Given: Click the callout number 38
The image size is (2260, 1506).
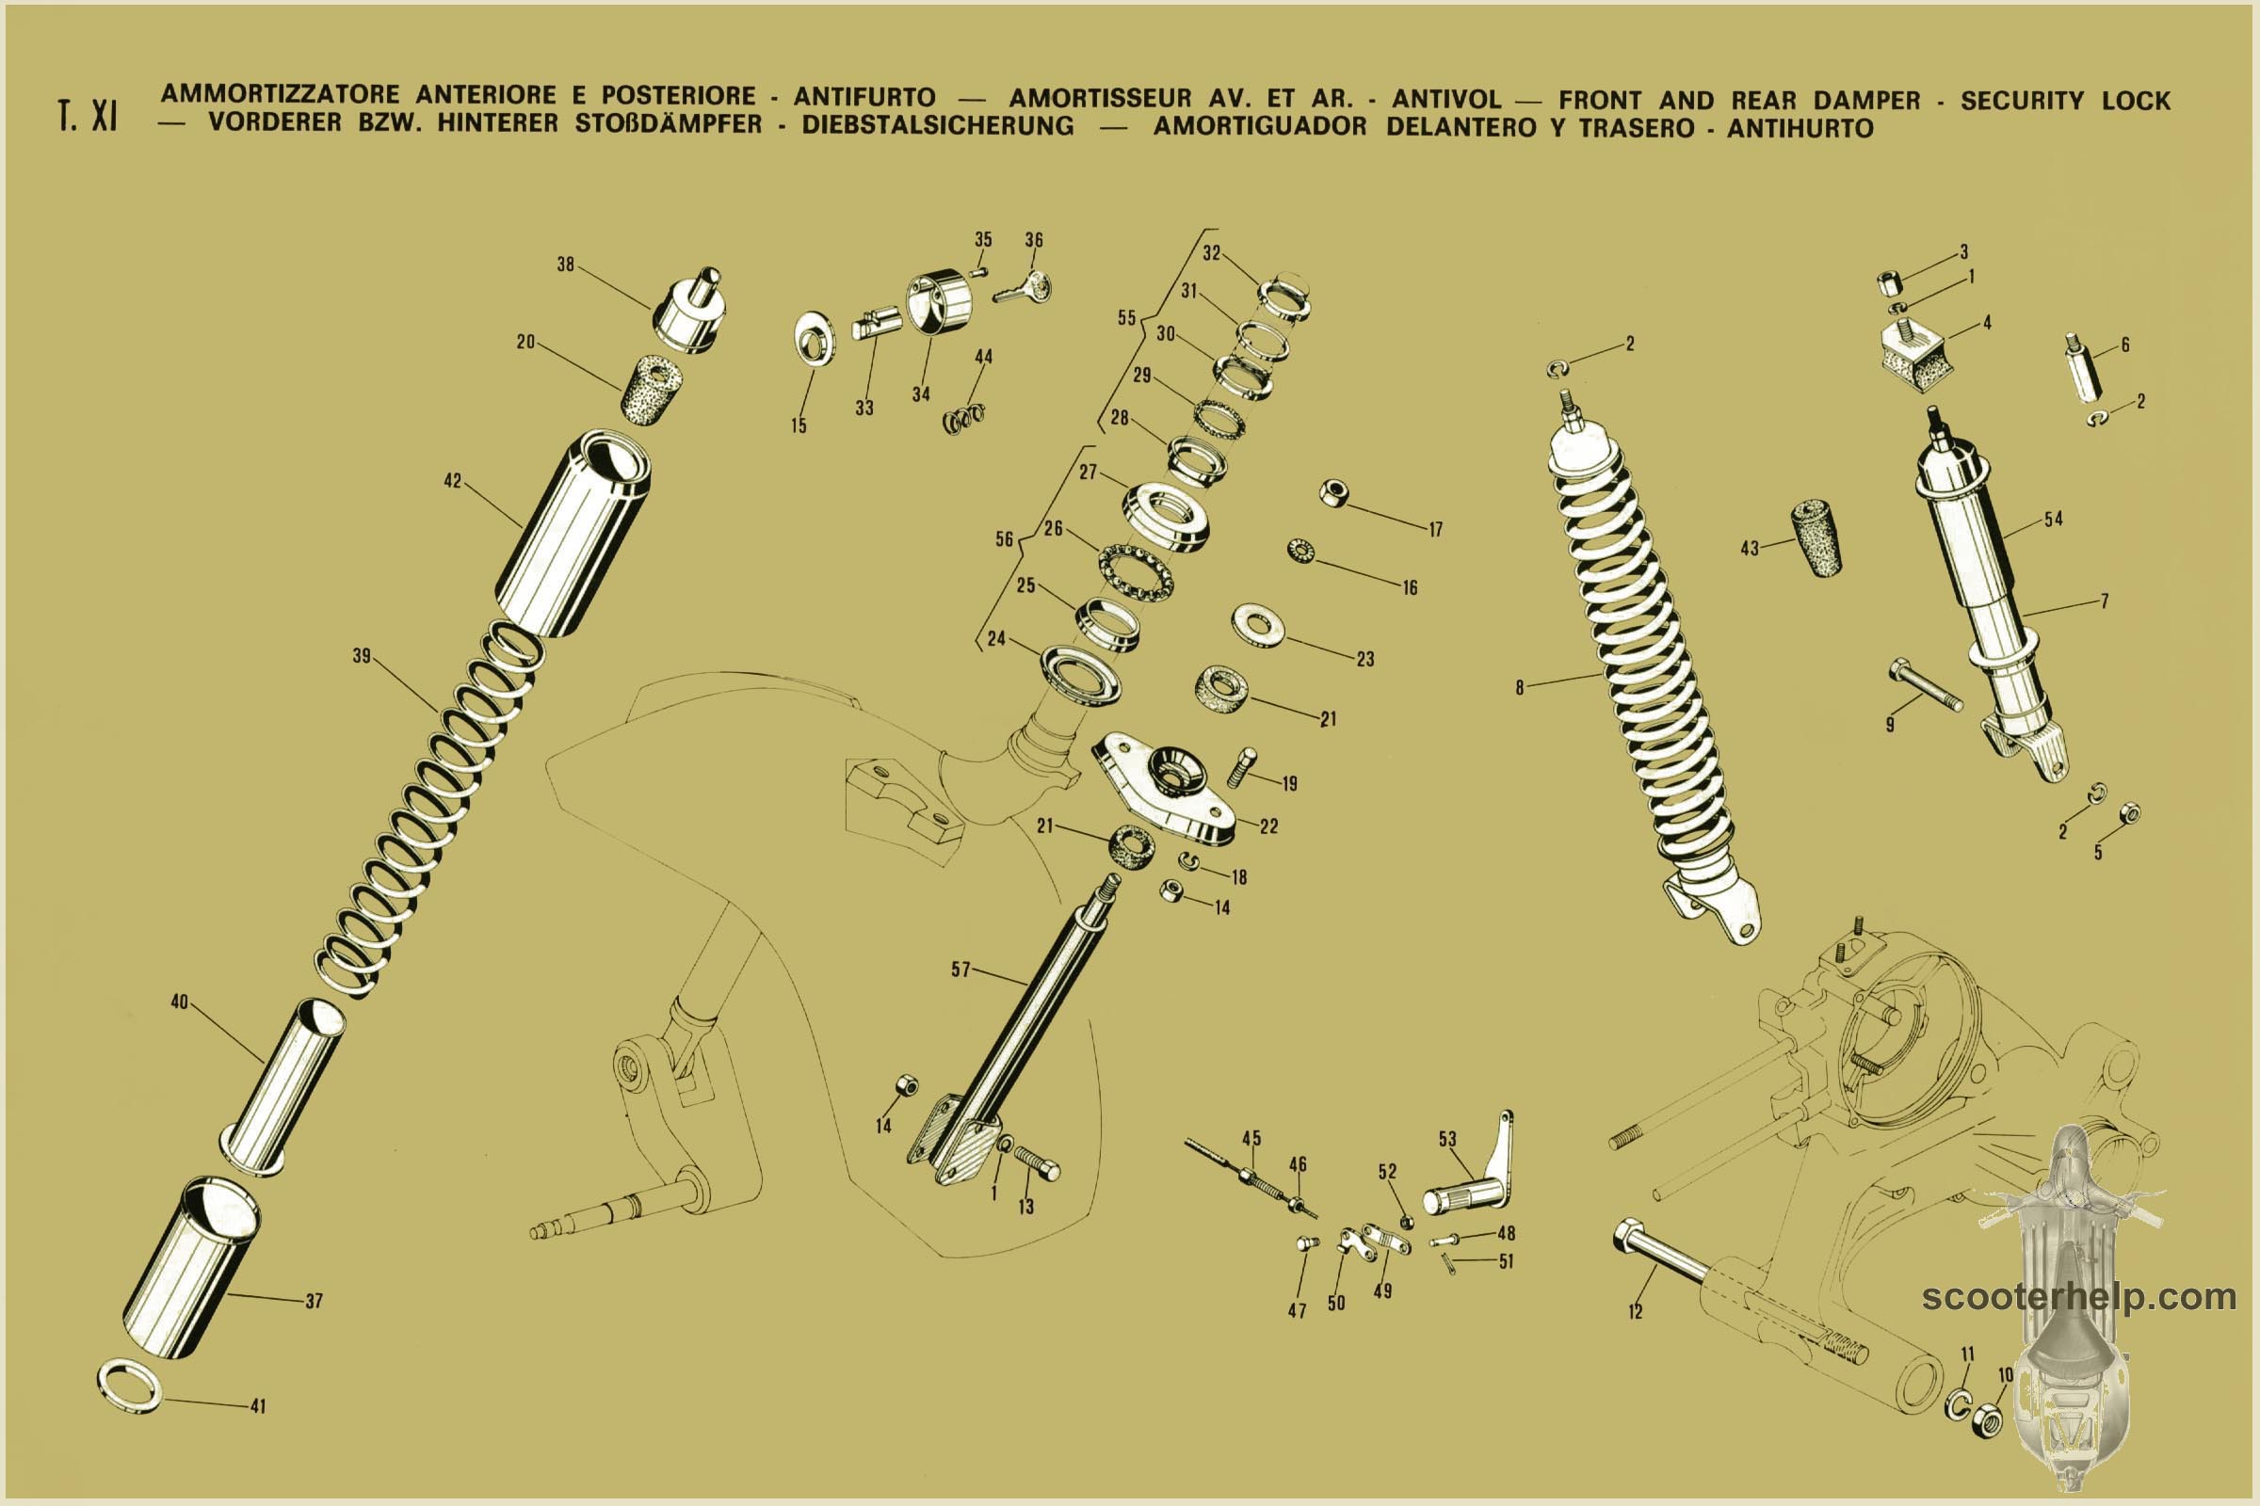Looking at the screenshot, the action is pos(566,264).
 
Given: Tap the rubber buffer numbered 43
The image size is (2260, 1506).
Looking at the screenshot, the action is pos(1816,537).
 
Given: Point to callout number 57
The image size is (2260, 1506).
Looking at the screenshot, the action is pos(960,969).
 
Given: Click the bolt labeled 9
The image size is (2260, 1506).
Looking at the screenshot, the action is pos(1925,685).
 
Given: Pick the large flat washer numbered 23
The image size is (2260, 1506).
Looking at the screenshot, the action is pos(1259,625).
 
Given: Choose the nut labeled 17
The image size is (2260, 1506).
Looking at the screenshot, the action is pos(1333,492).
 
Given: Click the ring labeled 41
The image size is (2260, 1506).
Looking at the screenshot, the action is pos(130,1385).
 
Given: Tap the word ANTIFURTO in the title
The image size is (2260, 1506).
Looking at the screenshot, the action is pos(864,97).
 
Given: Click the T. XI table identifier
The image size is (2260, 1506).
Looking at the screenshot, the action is pos(88,115).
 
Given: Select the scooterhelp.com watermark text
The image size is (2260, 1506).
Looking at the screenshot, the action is pos(2078,1298).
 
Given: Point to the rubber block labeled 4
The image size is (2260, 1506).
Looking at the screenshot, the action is pos(1914,356).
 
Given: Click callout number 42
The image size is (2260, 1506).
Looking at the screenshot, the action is pos(453,480).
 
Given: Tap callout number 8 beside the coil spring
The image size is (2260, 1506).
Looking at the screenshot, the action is pos(1519,688).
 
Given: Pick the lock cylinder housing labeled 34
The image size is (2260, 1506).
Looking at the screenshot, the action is pos(939,301).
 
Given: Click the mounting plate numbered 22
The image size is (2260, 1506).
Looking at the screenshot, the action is pos(1164,788).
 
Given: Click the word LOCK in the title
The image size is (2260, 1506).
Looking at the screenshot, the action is pos(2136,100).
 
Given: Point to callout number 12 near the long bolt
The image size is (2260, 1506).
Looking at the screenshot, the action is pos(1636,1312).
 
